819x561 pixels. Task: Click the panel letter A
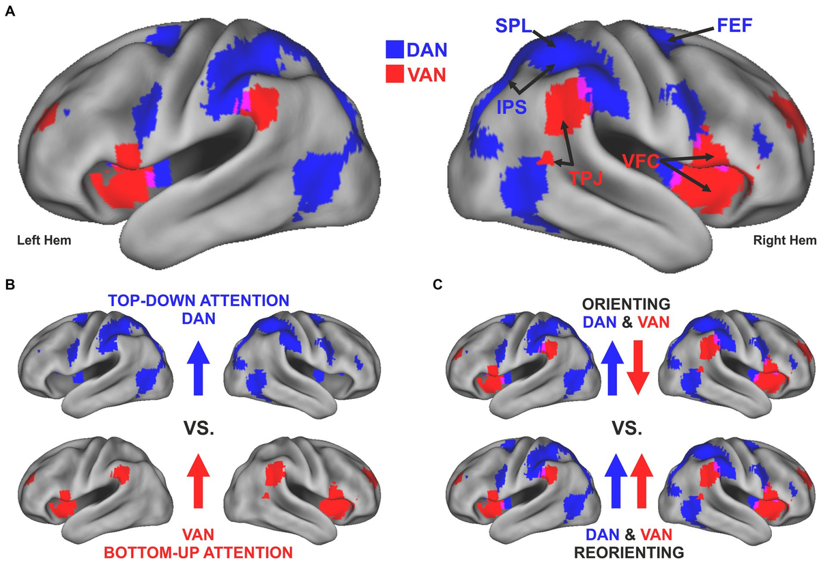point(10,12)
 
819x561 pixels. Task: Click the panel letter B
point(10,285)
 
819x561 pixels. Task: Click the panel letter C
point(437,285)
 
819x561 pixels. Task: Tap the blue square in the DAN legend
point(395,49)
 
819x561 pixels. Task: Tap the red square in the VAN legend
point(395,74)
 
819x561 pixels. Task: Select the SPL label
point(513,26)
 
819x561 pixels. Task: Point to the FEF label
point(734,25)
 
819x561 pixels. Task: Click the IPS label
point(511,107)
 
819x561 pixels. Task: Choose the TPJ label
point(586,178)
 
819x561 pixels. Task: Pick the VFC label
point(641,161)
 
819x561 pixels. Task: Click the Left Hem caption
point(44,241)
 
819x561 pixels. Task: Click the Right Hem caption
point(785,241)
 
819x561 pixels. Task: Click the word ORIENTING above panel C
point(627,304)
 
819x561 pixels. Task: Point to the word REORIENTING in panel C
point(629,552)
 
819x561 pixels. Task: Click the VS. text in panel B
point(199,428)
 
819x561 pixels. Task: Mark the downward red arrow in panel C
point(638,368)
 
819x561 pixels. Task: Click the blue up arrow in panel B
point(198,368)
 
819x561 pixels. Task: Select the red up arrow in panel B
point(198,481)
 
